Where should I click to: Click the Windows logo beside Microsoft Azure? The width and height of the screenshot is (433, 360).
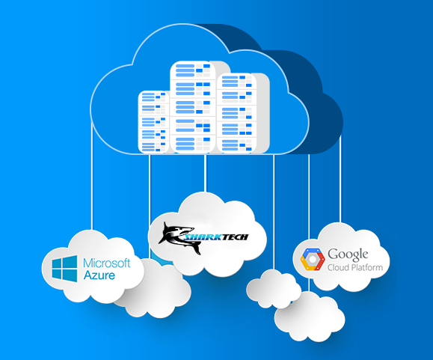[64, 268]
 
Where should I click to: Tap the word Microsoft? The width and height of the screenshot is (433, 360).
[107, 263]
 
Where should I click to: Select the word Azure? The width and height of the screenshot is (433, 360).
[99, 275]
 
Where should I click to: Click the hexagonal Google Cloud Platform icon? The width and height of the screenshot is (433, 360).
[313, 259]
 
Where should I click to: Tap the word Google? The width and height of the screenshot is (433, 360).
[348, 254]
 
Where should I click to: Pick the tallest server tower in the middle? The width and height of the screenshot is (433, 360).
[193, 107]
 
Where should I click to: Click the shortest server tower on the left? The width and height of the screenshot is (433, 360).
[153, 121]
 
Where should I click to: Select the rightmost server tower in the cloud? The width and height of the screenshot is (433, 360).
[237, 113]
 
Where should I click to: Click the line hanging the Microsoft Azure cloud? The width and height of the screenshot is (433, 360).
[92, 176]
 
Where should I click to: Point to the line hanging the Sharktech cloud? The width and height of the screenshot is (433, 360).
[205, 173]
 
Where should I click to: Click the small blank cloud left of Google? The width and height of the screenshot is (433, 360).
[274, 289]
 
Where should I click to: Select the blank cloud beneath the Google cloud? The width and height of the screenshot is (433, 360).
[310, 317]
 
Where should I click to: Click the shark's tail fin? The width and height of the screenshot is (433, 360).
[197, 249]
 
